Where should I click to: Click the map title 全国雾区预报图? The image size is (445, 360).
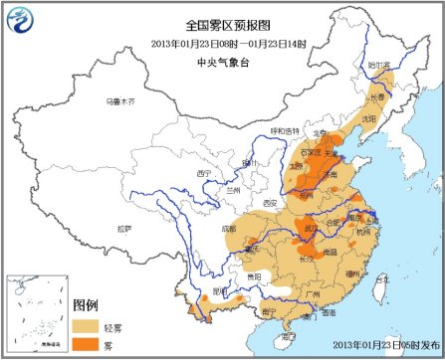[x=221, y=25]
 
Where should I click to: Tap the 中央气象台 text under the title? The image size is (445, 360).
[x=221, y=58]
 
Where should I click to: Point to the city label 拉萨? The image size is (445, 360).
[x=123, y=228]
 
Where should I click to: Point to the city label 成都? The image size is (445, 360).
[x=231, y=228]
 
